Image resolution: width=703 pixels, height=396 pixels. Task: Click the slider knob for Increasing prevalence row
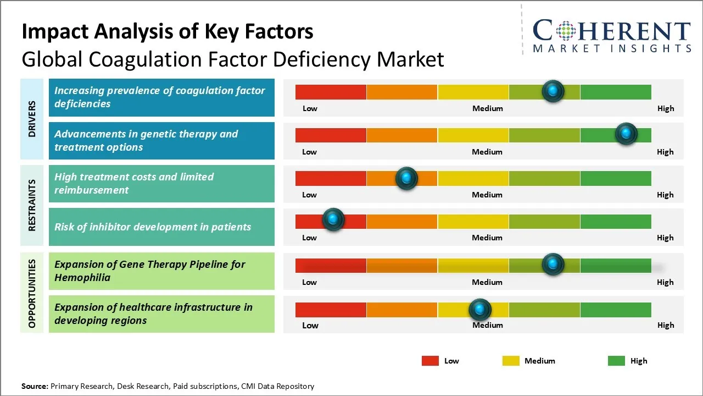[553, 91]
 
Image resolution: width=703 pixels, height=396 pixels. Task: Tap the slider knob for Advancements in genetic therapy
[626, 134]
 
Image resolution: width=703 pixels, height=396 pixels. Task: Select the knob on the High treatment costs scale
[406, 178]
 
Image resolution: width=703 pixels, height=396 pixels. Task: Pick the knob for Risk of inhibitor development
[333, 219]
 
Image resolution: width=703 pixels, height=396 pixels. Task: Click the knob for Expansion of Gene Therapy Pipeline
[553, 264]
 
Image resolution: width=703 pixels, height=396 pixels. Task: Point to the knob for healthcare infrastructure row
[480, 310]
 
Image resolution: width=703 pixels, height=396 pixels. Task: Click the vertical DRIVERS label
[32, 119]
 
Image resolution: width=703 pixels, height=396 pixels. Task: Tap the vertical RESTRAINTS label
[32, 205]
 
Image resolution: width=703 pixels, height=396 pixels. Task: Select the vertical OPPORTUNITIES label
[32, 294]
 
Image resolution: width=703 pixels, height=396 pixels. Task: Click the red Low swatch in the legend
[430, 361]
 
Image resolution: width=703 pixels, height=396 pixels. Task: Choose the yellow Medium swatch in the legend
[511, 361]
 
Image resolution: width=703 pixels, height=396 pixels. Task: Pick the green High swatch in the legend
[616, 361]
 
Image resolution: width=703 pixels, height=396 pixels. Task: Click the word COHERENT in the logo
[611, 31]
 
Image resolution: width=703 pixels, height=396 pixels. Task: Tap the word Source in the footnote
[35, 386]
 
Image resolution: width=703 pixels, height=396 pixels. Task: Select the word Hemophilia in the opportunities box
[82, 278]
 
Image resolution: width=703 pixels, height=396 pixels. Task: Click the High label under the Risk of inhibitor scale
[665, 238]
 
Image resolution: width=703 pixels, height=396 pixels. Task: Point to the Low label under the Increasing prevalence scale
[310, 108]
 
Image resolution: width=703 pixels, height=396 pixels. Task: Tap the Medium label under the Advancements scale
[487, 152]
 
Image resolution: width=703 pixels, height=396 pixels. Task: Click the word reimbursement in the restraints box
[92, 190]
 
